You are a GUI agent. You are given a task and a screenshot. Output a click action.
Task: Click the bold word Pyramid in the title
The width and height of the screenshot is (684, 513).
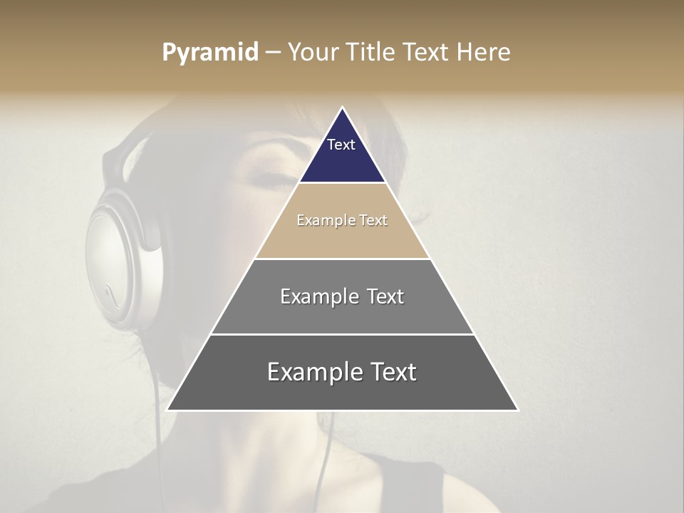(x=209, y=53)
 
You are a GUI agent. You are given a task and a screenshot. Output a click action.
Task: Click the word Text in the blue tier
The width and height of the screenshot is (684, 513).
(x=341, y=145)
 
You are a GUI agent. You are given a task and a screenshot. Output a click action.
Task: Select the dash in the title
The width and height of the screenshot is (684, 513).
(x=273, y=53)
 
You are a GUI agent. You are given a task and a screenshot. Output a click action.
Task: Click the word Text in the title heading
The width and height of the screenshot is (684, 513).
(x=425, y=53)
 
